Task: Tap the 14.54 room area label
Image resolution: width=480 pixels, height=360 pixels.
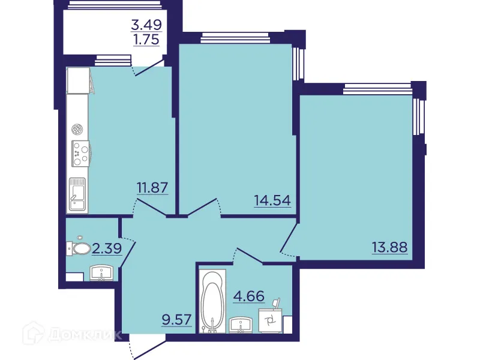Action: (x=274, y=200)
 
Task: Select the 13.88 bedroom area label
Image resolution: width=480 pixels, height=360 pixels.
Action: (x=389, y=247)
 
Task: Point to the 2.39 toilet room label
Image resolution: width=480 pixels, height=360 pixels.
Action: (x=104, y=247)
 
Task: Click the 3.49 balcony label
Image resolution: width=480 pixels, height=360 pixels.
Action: (x=148, y=26)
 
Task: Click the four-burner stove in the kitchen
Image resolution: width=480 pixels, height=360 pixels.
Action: (x=79, y=154)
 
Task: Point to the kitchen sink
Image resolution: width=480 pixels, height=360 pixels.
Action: (x=77, y=194)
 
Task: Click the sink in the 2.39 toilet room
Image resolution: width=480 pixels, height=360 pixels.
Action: (x=102, y=273)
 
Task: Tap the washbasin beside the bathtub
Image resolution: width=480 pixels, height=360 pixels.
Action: (x=242, y=325)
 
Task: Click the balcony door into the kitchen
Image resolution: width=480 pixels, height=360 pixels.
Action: (x=148, y=67)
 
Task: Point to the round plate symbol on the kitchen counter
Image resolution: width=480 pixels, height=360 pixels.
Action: (x=77, y=128)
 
